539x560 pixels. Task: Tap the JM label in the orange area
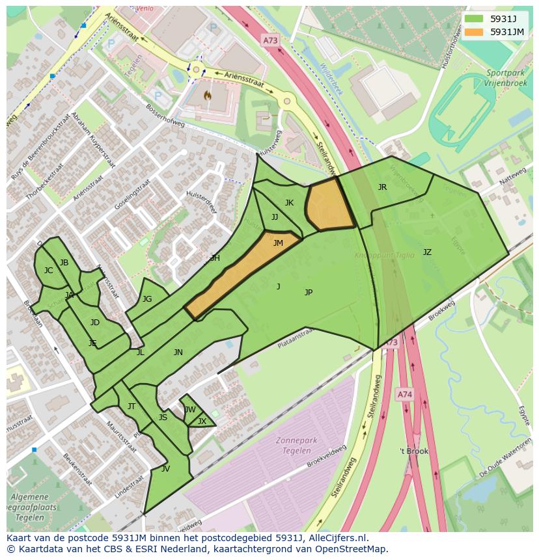pyautogui.click(x=278, y=243)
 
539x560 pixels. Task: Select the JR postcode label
pyautogui.click(x=382, y=187)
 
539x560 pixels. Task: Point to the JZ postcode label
pyautogui.click(x=427, y=252)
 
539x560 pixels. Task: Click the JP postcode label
pyautogui.click(x=309, y=293)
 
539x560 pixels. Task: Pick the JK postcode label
pyautogui.click(x=289, y=203)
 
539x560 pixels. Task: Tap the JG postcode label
pyautogui.click(x=147, y=299)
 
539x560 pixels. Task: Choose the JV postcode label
pyautogui.click(x=165, y=468)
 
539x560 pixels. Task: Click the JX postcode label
pyautogui.click(x=202, y=421)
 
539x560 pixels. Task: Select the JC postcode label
pyautogui.click(x=48, y=271)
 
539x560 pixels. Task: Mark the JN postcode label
pyautogui.click(x=178, y=353)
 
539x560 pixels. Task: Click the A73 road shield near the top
pyautogui.click(x=270, y=40)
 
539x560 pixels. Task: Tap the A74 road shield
pyautogui.click(x=404, y=394)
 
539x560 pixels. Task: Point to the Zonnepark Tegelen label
pyautogui.click(x=296, y=446)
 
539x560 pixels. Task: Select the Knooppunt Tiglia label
pyautogui.click(x=384, y=256)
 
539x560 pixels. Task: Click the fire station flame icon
pyautogui.click(x=208, y=96)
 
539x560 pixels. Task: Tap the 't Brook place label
pyautogui.click(x=414, y=451)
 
